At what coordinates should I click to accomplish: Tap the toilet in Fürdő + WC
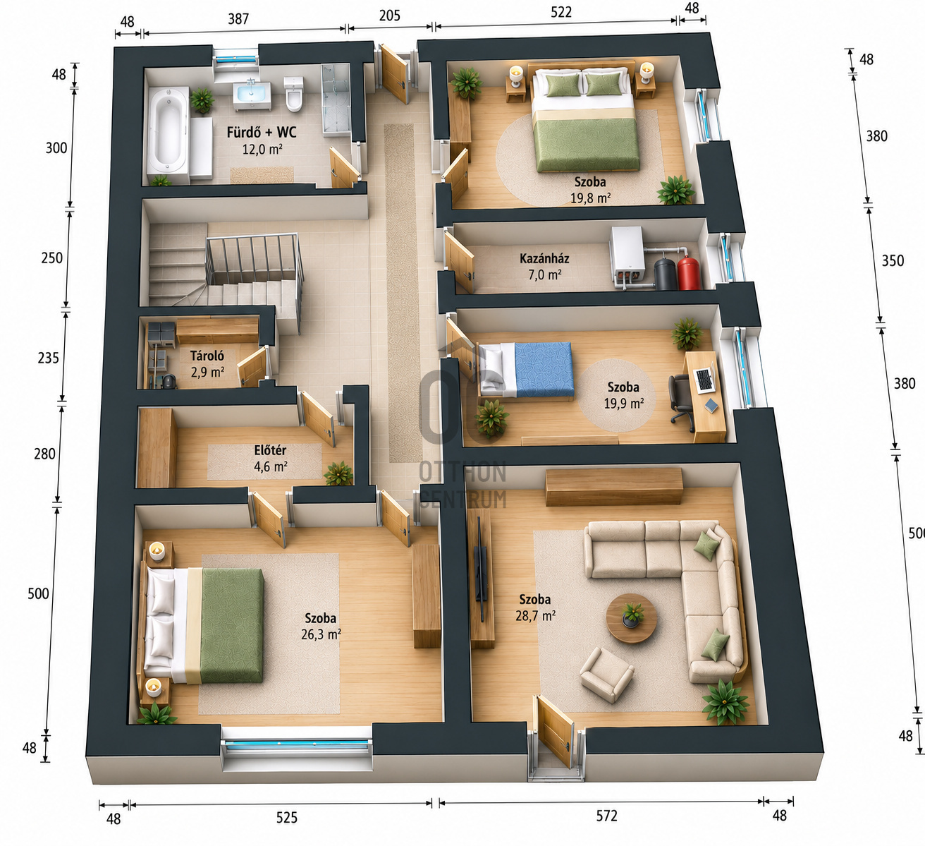click(294, 94)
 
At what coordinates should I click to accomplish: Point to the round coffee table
click(632, 619)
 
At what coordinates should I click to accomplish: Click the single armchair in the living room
click(606, 675)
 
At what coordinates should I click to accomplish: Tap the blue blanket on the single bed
click(544, 370)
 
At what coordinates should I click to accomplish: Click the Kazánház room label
click(544, 258)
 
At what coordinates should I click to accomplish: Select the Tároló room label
click(207, 356)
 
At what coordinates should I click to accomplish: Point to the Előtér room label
click(270, 450)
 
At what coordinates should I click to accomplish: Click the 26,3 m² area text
click(321, 634)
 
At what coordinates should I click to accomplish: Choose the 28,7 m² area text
click(535, 616)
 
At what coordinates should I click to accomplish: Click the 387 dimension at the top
click(238, 19)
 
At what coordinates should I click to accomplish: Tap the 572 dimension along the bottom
click(606, 816)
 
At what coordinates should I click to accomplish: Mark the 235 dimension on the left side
click(49, 358)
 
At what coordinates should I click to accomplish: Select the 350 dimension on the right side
click(893, 261)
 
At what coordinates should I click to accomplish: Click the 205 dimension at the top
click(390, 16)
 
